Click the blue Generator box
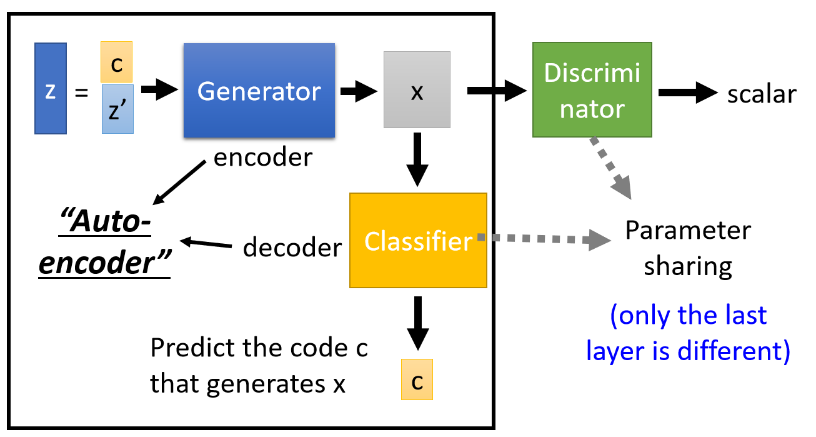coord(259,91)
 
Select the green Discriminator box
coord(592,89)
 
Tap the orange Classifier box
coord(418,241)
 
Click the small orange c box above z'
coord(117,63)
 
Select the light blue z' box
coord(117,109)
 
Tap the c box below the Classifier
coord(417,379)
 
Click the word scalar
coord(762,94)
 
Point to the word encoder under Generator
coord(262,157)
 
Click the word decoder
coord(292,248)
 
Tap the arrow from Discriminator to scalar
coord(687,93)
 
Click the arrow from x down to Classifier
coord(417,161)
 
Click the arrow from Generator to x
coord(357,92)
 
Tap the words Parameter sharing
coord(688,248)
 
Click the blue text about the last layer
coord(688,333)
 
